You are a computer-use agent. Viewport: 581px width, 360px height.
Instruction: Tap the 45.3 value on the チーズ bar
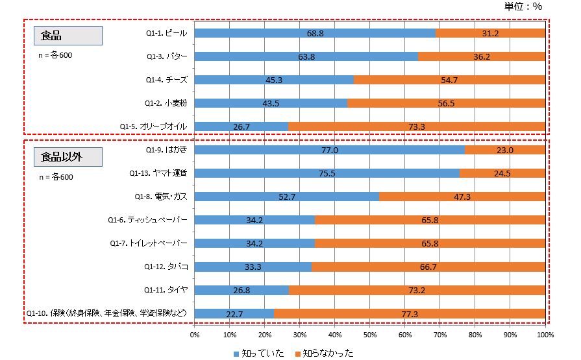tap(274, 80)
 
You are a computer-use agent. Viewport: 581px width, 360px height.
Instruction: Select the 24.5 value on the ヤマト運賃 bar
tap(502, 173)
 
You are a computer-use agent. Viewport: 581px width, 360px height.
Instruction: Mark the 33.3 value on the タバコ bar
tap(253, 267)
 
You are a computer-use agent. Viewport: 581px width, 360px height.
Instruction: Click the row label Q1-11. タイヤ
tap(167, 290)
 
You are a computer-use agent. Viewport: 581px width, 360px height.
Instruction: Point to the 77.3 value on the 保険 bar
tap(410, 313)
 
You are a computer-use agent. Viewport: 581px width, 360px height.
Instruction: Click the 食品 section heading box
tap(69, 36)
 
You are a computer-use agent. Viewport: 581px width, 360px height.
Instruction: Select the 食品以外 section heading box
tap(69, 156)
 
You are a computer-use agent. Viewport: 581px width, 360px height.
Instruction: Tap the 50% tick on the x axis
tap(370, 335)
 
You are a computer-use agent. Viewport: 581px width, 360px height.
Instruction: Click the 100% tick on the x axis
tap(545, 335)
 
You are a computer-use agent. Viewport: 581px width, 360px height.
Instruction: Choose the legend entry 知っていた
tap(258, 354)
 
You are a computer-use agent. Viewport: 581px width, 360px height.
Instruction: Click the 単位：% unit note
tap(523, 6)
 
